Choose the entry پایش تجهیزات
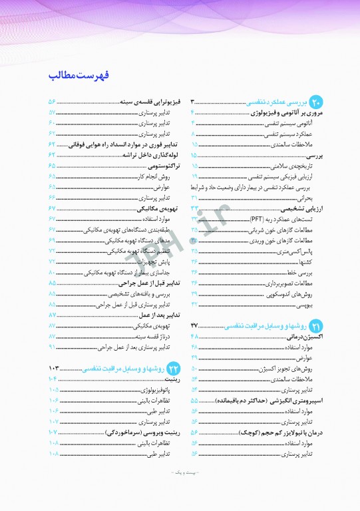click(x=156, y=261)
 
